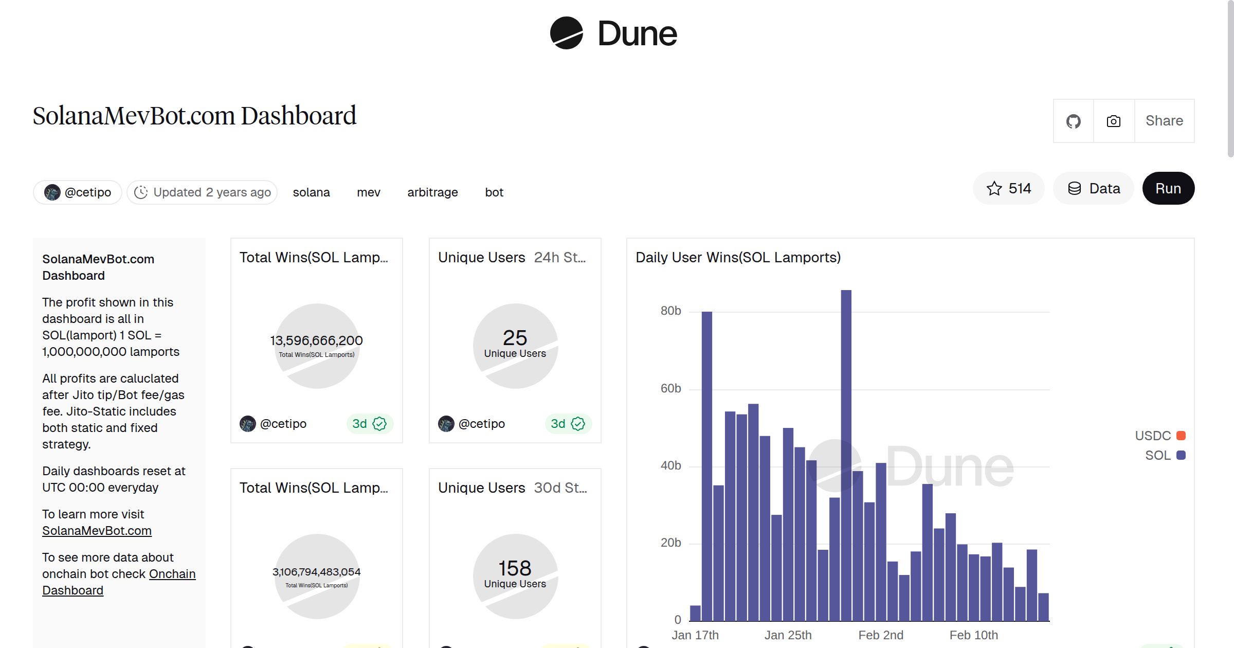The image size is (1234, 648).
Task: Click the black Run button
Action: click(x=1168, y=188)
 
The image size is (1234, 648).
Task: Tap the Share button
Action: click(x=1164, y=121)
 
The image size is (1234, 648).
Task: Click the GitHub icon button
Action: click(x=1073, y=121)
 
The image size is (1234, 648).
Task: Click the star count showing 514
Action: click(x=1008, y=188)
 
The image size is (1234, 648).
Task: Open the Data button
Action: click(x=1094, y=188)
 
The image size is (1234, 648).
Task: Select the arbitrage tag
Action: click(x=432, y=192)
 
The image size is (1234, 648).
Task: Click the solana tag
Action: click(x=311, y=192)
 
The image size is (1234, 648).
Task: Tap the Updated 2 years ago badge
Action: click(x=202, y=192)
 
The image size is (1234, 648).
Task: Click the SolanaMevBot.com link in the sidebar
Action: click(x=97, y=531)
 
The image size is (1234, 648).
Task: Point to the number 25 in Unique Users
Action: click(x=515, y=338)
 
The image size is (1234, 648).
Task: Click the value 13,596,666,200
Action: click(x=316, y=340)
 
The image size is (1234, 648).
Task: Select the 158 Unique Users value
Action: click(x=515, y=568)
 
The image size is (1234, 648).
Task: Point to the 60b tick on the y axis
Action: click(x=670, y=388)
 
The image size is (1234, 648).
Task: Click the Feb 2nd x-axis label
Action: click(x=880, y=635)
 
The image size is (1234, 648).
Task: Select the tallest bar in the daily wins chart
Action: click(x=846, y=453)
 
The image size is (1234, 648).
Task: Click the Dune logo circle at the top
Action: click(x=566, y=33)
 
